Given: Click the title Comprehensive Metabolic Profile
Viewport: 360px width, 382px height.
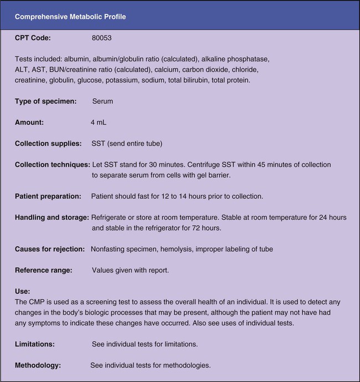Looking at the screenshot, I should (x=70, y=17).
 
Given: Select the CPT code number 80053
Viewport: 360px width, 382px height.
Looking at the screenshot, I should (x=102, y=39).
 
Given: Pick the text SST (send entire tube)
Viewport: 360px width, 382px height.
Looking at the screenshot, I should (x=126, y=144).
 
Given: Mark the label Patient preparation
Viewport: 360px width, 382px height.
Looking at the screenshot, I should (x=47, y=196).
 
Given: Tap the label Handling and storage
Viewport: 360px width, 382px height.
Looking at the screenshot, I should (x=52, y=217).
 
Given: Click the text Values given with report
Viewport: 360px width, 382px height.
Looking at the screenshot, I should (x=131, y=270).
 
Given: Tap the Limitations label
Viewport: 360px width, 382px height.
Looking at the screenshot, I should (x=34, y=344).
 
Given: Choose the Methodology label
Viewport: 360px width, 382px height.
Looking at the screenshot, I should (x=37, y=365).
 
